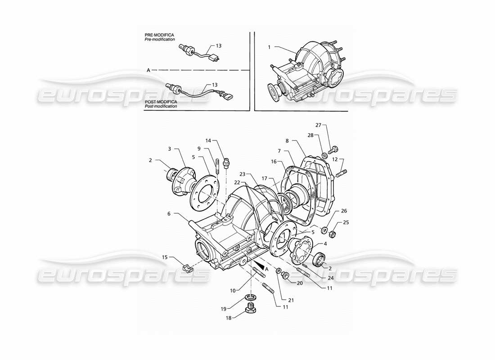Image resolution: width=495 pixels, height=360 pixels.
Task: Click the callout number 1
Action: pos(269,46)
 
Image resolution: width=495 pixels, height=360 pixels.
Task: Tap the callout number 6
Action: pos(169,214)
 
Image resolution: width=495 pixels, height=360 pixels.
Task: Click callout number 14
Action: pos(208,140)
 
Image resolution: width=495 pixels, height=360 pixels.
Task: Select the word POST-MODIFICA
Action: pos(161,102)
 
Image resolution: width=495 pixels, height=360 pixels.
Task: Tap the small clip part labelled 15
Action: pos(189,269)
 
